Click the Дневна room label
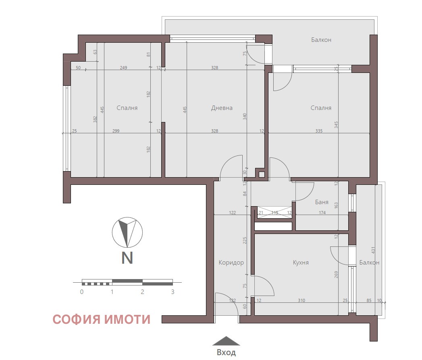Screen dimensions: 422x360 coord(222,108)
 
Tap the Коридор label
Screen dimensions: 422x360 coord(231,263)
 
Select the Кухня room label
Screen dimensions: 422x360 coord(301,263)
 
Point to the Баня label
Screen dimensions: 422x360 coord(322,202)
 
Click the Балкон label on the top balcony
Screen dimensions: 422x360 coord(321,40)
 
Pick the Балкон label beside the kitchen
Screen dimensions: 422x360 coord(369,263)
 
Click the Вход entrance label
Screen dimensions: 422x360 coord(226,352)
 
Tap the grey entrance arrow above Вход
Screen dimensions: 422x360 coord(226,341)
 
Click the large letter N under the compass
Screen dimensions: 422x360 coord(127,258)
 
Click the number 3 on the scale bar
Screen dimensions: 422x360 coord(173,292)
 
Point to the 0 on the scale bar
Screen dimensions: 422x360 coord(82,292)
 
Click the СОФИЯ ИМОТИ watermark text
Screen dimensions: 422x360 coord(102,319)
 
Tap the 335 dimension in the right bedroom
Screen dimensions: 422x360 coord(319,131)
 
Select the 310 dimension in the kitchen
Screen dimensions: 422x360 coord(301,300)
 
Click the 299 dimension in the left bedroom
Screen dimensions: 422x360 coord(116,131)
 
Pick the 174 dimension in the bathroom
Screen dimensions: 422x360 coord(322,213)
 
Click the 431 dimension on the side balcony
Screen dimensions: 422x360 coord(373,250)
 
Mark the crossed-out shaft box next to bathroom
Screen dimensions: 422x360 coord(274,212)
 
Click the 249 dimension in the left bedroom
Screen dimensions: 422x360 coord(123,68)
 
